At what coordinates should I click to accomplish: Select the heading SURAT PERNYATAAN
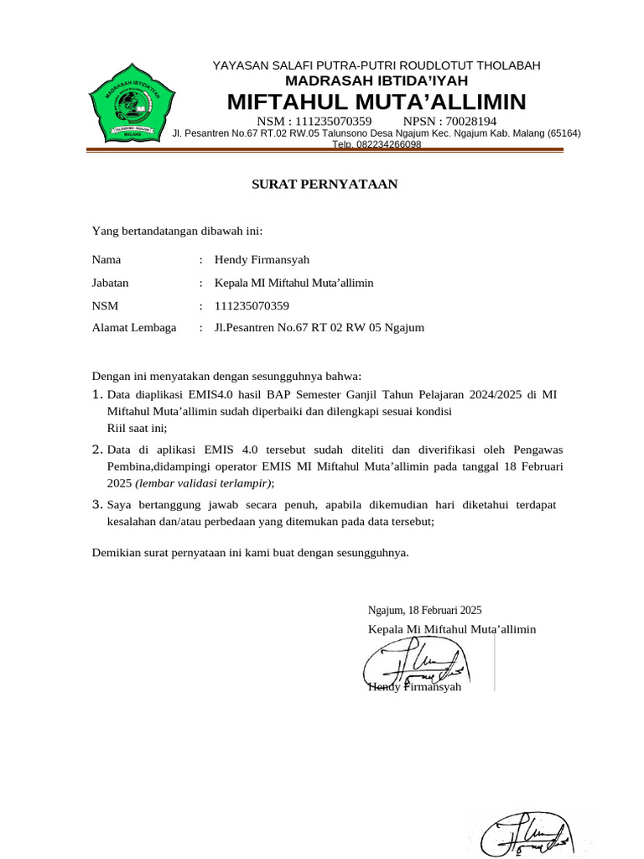tap(325, 185)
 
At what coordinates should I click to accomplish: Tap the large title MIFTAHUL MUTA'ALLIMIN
tap(377, 102)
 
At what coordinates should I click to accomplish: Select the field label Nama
tap(106, 260)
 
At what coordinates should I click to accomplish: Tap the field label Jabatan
tap(110, 283)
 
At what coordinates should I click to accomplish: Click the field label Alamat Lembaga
tap(134, 328)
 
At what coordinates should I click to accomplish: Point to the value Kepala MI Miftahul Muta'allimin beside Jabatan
tap(294, 283)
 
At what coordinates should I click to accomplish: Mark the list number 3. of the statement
tap(97, 505)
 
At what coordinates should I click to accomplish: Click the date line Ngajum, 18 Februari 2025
tap(424, 611)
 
